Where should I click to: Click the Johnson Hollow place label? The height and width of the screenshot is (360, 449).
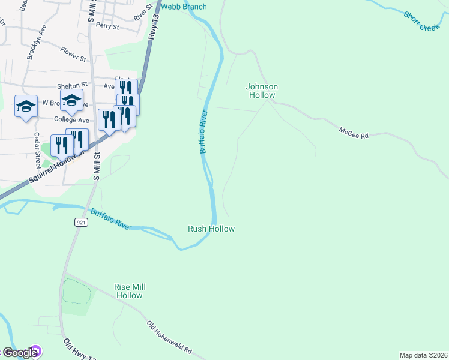point(261,91)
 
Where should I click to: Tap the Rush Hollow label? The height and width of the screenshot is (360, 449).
point(211,229)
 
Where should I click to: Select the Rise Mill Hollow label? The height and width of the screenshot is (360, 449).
point(129,291)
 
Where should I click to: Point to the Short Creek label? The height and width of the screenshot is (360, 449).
point(422,22)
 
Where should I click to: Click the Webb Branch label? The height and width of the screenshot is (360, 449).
point(184,7)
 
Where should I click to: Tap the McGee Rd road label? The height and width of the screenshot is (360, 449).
point(353,133)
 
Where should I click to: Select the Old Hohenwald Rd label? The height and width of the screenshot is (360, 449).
point(170,337)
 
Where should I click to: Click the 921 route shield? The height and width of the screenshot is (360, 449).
point(81,223)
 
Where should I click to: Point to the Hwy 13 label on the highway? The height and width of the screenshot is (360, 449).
point(154,29)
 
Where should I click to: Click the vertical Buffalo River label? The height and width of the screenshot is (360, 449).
point(203,131)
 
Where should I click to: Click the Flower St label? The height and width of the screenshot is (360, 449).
point(73,55)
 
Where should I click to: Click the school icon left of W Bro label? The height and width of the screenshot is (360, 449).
point(26,106)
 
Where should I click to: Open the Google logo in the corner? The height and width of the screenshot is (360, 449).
point(20,353)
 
